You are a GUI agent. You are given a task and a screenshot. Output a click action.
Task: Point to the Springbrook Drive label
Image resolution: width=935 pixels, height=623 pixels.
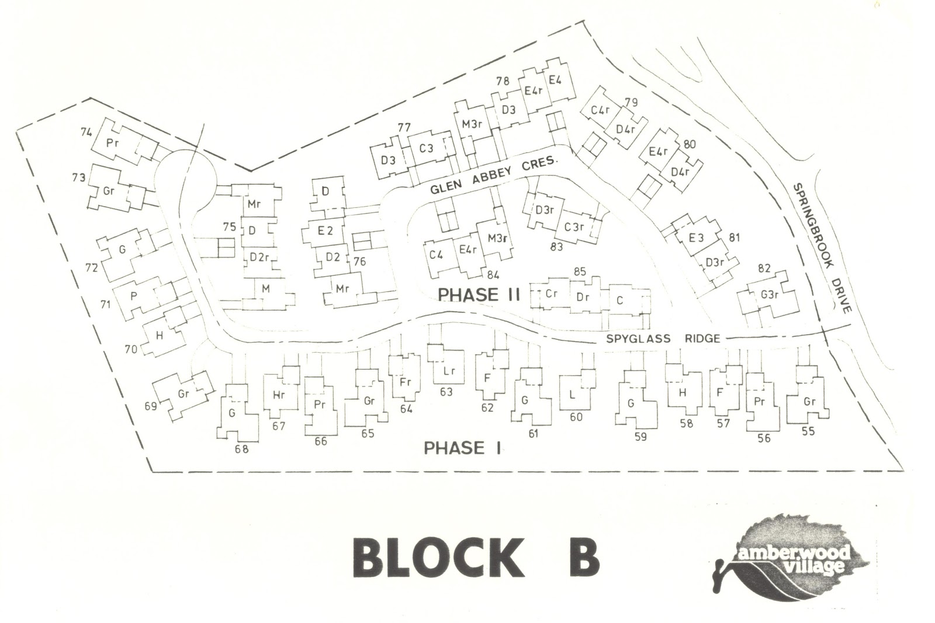pos(822,248)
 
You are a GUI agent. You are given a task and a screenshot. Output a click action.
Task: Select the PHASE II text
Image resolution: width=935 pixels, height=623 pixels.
pos(479,295)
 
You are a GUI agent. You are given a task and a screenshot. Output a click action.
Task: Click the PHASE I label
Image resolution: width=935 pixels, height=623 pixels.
pos(462,448)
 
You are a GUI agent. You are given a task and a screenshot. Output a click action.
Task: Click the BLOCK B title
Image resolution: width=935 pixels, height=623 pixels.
pos(476,558)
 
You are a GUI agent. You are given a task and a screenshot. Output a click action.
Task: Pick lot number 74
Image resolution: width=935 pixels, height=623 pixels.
pos(86,133)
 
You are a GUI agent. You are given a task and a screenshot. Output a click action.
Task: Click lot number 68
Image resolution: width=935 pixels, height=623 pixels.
pos(241,449)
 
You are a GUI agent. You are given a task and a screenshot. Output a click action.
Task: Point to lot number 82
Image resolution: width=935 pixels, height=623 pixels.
pos(764,269)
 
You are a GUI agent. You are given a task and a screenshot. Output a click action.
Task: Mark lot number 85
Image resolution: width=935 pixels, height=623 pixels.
pos(580,272)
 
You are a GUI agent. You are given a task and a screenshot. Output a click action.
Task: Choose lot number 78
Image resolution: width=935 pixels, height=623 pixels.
pos(502,82)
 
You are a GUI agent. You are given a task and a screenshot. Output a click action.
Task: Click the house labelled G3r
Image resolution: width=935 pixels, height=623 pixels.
pos(770,295)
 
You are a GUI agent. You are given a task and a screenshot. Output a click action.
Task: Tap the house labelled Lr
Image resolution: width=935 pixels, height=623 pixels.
pos(449,371)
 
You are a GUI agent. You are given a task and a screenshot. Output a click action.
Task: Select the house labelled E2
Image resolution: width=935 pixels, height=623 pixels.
pos(325,231)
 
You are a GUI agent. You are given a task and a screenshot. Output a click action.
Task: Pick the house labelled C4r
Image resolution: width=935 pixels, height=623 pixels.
pos(600,110)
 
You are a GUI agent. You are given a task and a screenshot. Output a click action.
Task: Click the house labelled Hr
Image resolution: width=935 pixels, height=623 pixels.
pos(278,395)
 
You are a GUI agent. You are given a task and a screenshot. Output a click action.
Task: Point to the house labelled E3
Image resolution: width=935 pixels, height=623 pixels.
pos(695,238)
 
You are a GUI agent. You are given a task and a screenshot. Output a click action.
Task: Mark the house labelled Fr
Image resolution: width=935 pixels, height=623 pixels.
pos(406,382)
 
